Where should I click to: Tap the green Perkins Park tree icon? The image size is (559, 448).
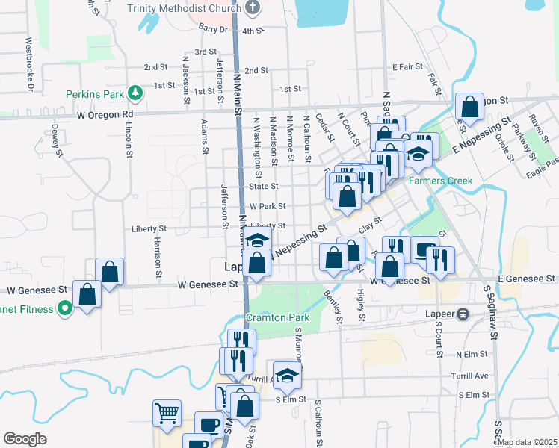point(135,93)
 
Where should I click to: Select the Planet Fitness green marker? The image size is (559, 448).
point(65,308)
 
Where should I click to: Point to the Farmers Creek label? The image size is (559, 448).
point(434,181)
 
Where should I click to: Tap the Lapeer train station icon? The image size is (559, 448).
point(463,314)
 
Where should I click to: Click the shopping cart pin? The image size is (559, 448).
point(167,413)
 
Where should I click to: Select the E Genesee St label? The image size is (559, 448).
point(527,278)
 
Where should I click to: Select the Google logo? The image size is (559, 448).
point(25,439)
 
